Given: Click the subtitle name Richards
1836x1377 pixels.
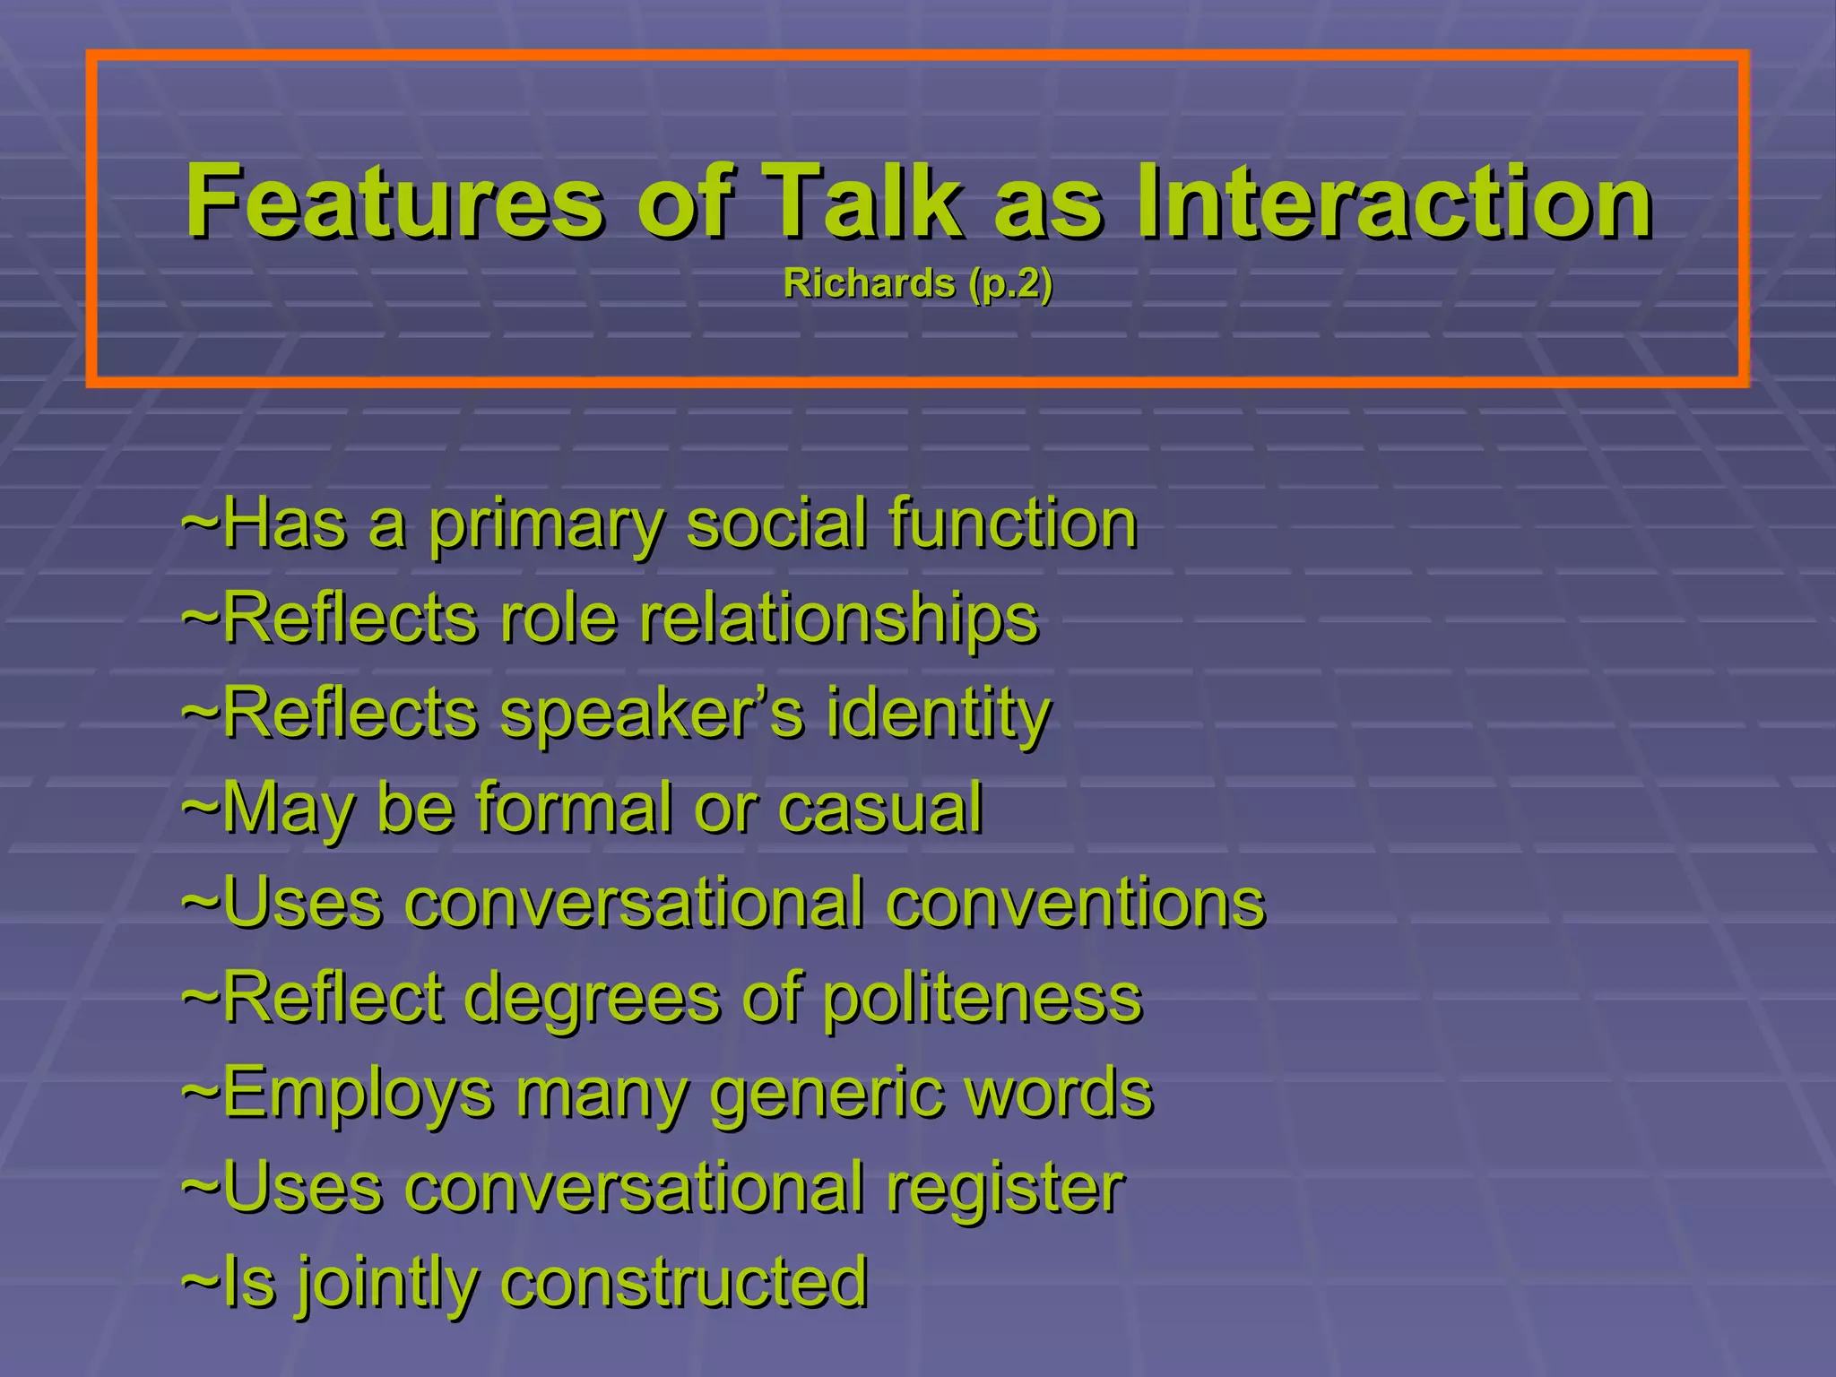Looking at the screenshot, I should [x=869, y=283].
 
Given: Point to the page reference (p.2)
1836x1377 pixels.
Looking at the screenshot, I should [x=1009, y=285].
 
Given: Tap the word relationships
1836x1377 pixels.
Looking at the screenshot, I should [x=838, y=620].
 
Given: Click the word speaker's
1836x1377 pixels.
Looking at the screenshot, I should [x=652, y=715].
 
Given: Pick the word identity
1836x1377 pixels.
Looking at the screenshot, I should [x=938, y=715].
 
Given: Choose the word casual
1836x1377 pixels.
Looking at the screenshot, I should [x=880, y=809].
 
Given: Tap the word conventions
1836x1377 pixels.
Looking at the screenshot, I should [x=1076, y=903].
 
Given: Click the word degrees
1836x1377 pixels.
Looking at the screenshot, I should [x=593, y=998].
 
